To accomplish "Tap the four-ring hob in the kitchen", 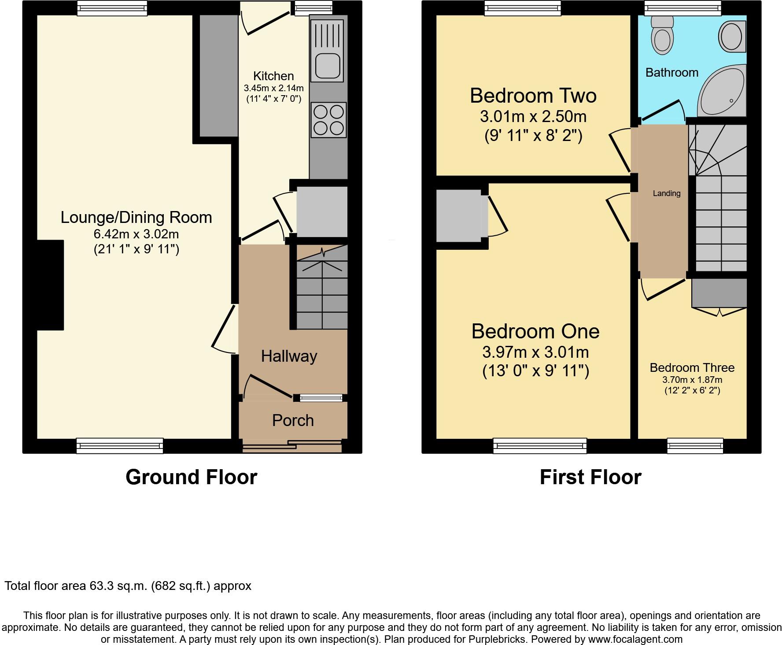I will pyautogui.click(x=329, y=120).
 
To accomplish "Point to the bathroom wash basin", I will pyautogui.click(x=731, y=36).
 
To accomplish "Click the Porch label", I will pyautogui.click(x=293, y=421).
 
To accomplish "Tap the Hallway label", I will pyautogui.click(x=289, y=356).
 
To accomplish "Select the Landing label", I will pyautogui.click(x=666, y=193).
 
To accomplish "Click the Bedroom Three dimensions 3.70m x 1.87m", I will pyautogui.click(x=692, y=380).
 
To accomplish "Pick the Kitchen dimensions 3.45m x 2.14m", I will pyautogui.click(x=273, y=88).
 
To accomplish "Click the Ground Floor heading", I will pyautogui.click(x=191, y=477).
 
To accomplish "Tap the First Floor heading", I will pyautogui.click(x=590, y=477).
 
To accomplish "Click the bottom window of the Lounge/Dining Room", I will pyautogui.click(x=119, y=445).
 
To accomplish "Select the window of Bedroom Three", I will pyautogui.click(x=695, y=445).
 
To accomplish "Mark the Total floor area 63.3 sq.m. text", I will pyautogui.click(x=128, y=586).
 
